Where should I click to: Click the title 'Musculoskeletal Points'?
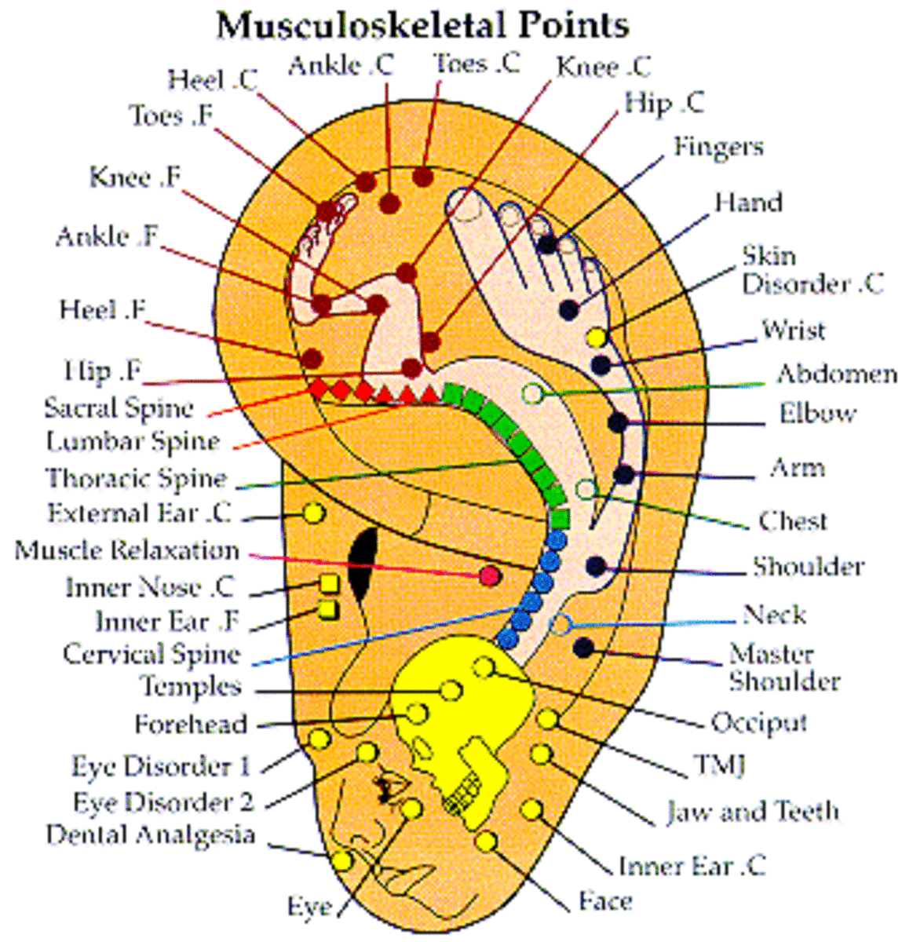click(422, 25)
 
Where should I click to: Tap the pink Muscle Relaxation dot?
click(490, 575)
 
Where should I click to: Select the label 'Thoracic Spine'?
click(136, 477)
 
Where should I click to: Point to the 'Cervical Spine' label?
click(152, 653)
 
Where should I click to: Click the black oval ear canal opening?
click(362, 560)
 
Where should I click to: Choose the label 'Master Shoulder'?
click(783, 666)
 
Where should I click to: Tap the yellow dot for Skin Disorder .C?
click(597, 338)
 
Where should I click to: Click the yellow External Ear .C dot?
click(313, 513)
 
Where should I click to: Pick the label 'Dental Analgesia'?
click(150, 834)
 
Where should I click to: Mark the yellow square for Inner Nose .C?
click(329, 584)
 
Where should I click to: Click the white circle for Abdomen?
click(533, 392)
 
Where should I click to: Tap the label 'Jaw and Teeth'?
click(752, 811)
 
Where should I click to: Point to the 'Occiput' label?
click(758, 722)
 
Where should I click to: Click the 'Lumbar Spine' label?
click(133, 441)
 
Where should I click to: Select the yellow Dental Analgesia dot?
click(342, 860)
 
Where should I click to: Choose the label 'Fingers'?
click(718, 147)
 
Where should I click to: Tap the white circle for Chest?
click(586, 490)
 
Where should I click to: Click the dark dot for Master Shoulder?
click(583, 648)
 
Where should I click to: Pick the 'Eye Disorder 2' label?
click(163, 801)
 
